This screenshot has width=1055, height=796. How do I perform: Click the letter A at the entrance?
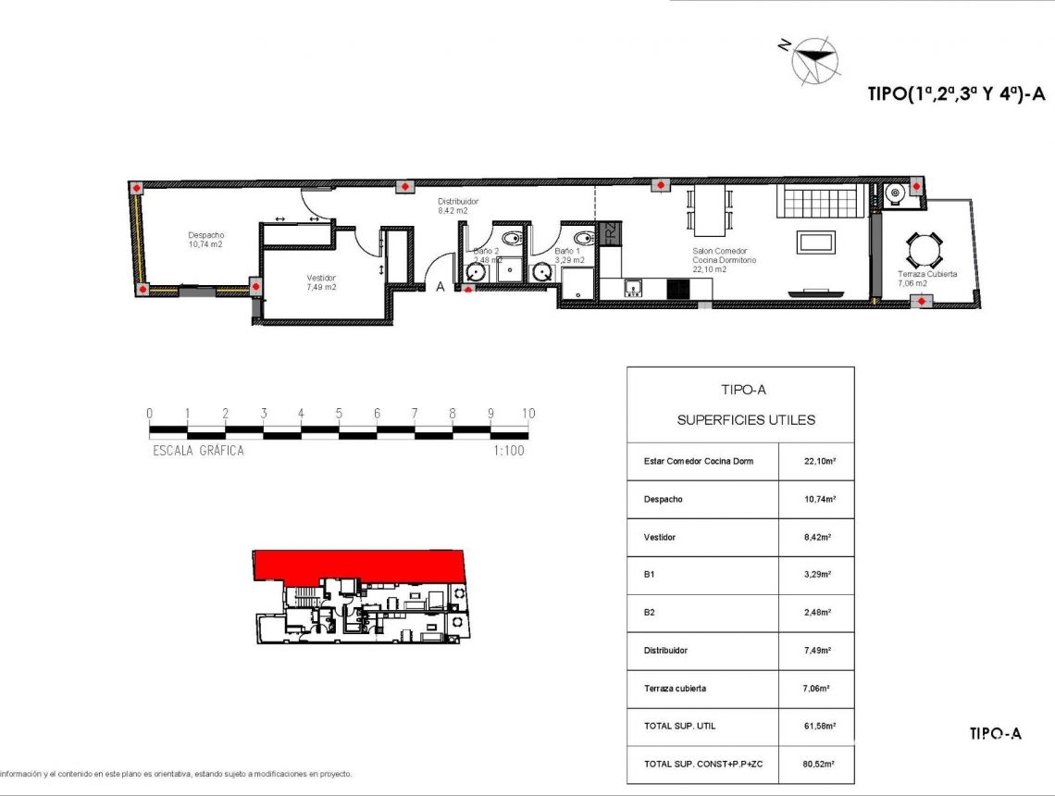[441, 287]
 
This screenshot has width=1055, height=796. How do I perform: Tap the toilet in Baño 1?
[583, 239]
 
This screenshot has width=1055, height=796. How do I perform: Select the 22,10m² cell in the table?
[817, 461]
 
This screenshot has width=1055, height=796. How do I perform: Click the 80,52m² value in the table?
[817, 765]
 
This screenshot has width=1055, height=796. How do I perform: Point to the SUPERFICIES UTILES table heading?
[746, 420]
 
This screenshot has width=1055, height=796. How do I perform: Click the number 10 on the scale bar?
[528, 414]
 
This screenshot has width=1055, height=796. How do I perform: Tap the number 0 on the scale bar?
[150, 414]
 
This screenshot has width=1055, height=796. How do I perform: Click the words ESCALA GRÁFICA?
[197, 451]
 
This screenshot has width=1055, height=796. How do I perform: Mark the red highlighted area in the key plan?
[361, 565]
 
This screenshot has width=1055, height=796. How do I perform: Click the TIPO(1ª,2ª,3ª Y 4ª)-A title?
[957, 93]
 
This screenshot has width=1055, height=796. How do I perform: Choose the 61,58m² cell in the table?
[817, 727]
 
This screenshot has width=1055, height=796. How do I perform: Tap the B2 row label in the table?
[650, 613]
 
